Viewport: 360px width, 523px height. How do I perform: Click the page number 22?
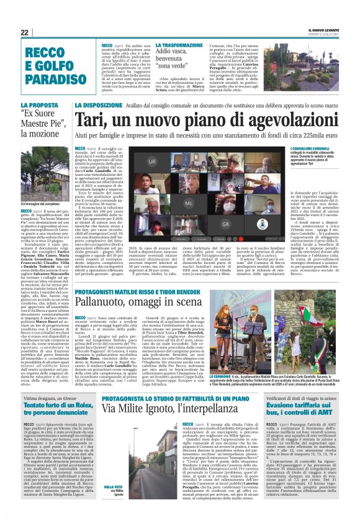25,32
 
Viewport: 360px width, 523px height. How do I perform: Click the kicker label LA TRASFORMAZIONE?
179,46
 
